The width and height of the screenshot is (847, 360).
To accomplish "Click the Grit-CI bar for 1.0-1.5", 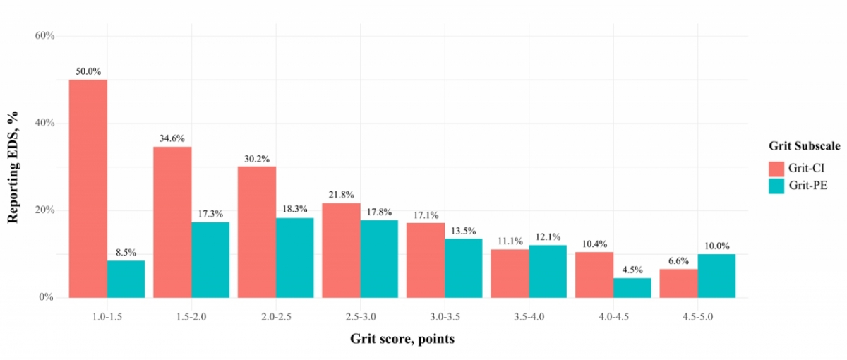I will [88, 188].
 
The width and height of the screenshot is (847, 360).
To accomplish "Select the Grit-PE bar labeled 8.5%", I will [126, 279].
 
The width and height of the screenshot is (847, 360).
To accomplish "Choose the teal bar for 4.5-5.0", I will [716, 275].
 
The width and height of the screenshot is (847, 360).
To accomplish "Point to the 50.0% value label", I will [88, 71].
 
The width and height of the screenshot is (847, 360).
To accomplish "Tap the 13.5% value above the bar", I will [463, 230].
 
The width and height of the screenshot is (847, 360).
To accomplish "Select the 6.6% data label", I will [678, 260].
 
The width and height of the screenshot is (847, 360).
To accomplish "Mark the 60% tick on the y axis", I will [44, 35].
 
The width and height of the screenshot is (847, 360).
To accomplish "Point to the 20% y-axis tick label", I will [44, 210].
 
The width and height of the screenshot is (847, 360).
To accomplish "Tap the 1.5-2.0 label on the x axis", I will [191, 316].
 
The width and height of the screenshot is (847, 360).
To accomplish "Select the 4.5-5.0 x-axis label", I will [697, 316].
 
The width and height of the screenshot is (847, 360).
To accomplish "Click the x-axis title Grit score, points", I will [402, 339].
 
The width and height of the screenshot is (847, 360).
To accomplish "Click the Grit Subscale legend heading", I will [805, 146].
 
